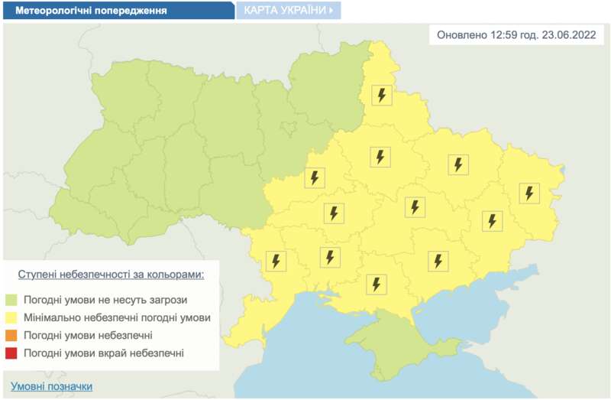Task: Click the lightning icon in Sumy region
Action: (x=381, y=96)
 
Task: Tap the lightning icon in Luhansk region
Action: (x=529, y=193)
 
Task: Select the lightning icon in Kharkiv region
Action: (x=457, y=164)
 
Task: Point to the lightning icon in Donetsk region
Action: (x=493, y=221)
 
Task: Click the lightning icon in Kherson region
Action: (x=376, y=284)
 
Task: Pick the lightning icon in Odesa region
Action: (x=276, y=261)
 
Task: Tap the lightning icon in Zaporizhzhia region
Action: (x=438, y=261)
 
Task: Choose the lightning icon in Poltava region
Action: (x=380, y=157)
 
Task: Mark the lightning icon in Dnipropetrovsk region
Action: (x=415, y=207)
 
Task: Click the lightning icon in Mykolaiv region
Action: (x=331, y=257)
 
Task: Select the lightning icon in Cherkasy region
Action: (x=314, y=178)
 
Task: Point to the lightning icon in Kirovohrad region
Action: (x=333, y=213)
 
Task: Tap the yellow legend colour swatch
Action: (x=11, y=317)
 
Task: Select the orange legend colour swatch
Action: (x=11, y=335)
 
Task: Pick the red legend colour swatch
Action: (x=11, y=353)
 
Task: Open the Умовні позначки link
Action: (x=52, y=386)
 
